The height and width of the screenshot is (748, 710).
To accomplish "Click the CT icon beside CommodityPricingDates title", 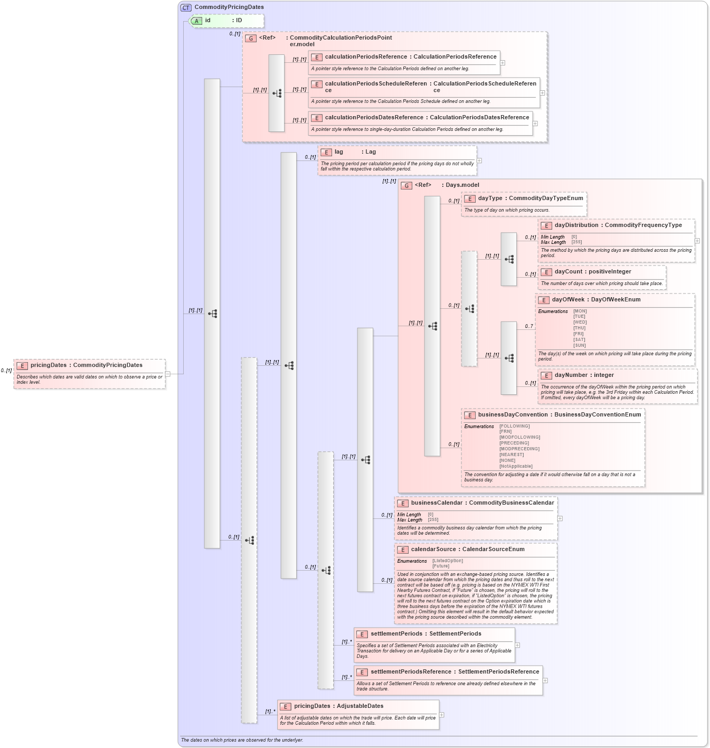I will point(186,7).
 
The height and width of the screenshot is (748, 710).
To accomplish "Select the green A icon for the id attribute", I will point(196,21).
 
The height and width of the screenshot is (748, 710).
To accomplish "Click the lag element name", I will point(338,152).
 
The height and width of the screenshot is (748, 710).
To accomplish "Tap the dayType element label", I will point(490,198).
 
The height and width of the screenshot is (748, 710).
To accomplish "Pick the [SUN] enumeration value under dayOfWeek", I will point(579,345).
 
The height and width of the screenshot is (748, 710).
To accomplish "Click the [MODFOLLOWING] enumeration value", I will point(519,437).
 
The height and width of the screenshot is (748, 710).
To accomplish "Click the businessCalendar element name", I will point(436,503).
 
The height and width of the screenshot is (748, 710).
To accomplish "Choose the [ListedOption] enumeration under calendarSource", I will point(447,561).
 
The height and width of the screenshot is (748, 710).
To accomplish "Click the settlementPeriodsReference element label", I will point(411,672).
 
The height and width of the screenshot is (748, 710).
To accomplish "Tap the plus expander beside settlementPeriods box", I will point(517,645).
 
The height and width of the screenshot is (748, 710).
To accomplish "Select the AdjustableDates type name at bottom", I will point(360,706).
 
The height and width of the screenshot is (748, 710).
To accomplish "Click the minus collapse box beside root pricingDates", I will point(168,374).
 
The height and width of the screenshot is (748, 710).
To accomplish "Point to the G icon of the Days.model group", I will point(406,185).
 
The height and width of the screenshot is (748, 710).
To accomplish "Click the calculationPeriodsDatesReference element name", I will point(374,118).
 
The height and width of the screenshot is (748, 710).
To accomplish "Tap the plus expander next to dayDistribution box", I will point(697,241).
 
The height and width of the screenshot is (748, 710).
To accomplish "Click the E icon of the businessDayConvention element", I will point(469,415).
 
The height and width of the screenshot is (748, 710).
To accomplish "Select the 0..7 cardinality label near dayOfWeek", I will point(528,326).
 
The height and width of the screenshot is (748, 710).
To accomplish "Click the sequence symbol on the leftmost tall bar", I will point(212,314).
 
